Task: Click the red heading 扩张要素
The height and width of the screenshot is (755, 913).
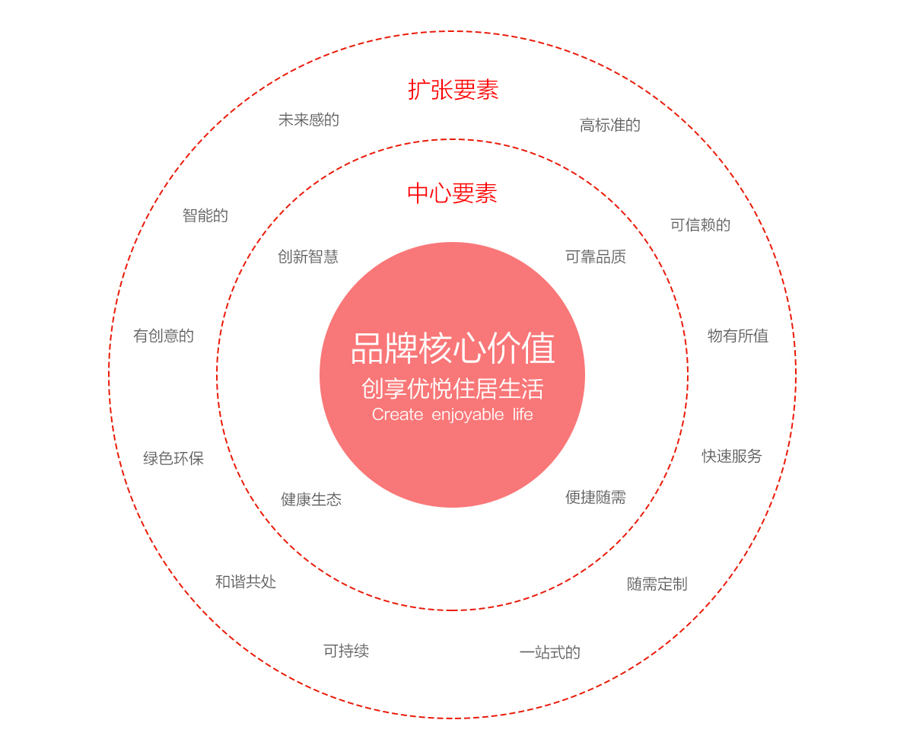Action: pyautogui.click(x=453, y=90)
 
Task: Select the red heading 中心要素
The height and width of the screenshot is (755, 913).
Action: pyautogui.click(x=452, y=193)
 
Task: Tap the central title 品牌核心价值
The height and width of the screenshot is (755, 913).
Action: pyautogui.click(x=453, y=348)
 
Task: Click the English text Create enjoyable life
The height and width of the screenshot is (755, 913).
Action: pyautogui.click(x=452, y=414)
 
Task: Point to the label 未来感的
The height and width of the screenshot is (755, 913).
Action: pyautogui.click(x=309, y=119)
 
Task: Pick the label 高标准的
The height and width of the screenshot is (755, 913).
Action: pyautogui.click(x=610, y=125)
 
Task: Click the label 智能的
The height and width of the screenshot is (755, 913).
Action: pyautogui.click(x=205, y=215)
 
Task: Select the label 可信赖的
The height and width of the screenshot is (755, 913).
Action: pyautogui.click(x=701, y=225)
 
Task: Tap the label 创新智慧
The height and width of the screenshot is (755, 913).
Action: pyautogui.click(x=308, y=256)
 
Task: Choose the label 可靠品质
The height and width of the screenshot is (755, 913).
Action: pyautogui.click(x=596, y=256)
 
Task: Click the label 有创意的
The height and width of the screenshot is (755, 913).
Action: pyautogui.click(x=164, y=336)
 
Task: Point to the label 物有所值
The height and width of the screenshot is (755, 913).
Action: pyautogui.click(x=738, y=336)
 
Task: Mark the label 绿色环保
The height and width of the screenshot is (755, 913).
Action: pyautogui.click(x=173, y=458)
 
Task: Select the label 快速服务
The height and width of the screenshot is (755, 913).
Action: pyautogui.click(x=732, y=456)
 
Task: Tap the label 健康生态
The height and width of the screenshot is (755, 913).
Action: pyautogui.click(x=311, y=499)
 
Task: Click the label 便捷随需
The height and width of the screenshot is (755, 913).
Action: pyautogui.click(x=596, y=497)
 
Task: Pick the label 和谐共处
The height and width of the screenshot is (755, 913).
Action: pyautogui.click(x=246, y=581)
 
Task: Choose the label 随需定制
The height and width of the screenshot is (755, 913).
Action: pyautogui.click(x=657, y=584)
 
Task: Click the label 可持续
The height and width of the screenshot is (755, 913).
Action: pyautogui.click(x=346, y=651)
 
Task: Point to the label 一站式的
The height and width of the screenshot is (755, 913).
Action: pyautogui.click(x=549, y=652)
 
